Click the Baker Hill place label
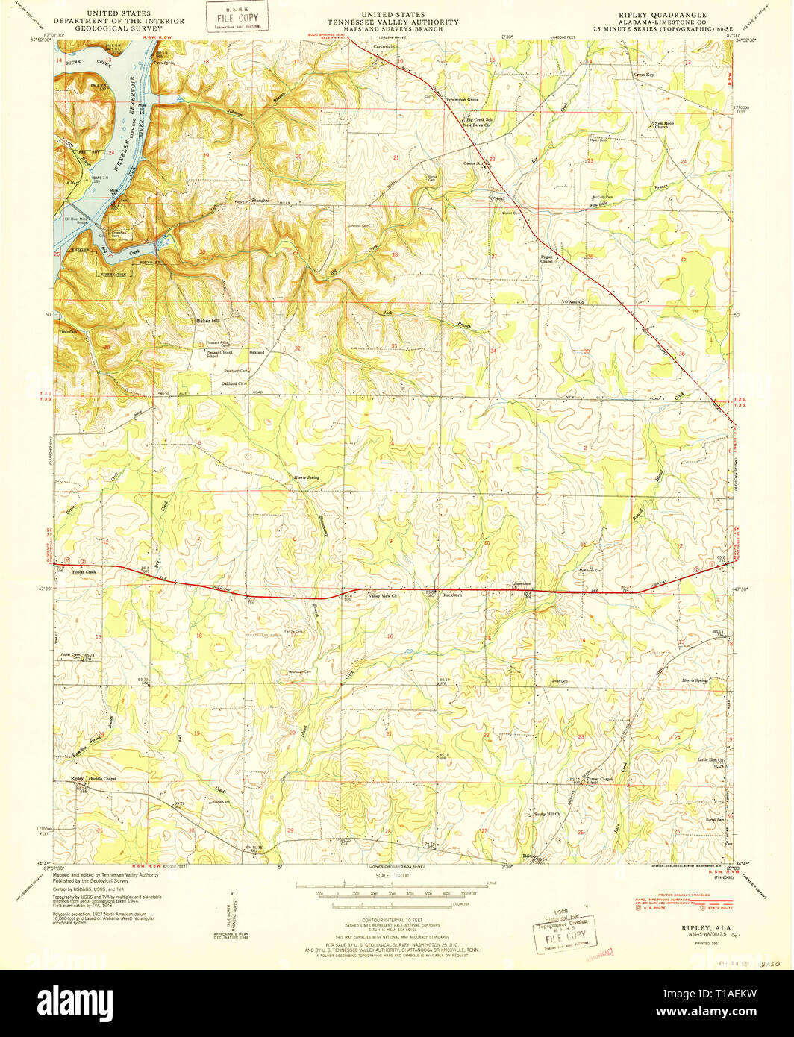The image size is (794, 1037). (208, 320)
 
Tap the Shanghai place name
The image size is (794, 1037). (260, 201)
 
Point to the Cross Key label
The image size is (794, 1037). (643, 75)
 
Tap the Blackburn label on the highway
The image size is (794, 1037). (453, 595)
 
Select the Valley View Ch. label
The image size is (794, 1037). (383, 595)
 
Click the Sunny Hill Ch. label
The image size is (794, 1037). (547, 814)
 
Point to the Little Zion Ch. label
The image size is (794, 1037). (711, 759)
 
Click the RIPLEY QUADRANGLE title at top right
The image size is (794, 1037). (661, 14)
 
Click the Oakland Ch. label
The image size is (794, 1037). (234, 383)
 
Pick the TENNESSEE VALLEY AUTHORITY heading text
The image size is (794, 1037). (393, 22)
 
